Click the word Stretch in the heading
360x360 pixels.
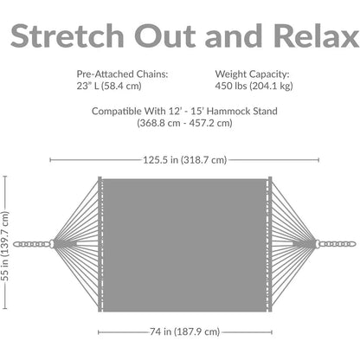[67, 35]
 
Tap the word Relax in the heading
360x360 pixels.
[316, 35]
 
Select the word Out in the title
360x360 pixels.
[165, 35]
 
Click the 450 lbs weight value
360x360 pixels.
[231, 86]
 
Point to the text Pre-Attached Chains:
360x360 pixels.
[122, 74]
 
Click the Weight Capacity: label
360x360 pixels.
[252, 74]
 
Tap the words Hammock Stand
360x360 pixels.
[242, 111]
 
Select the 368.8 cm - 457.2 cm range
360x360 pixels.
[184, 123]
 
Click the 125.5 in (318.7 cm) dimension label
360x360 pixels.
[185, 160]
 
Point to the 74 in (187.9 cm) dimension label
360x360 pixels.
[185, 331]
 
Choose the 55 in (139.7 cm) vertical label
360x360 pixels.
[5, 246]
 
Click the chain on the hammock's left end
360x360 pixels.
[31, 244]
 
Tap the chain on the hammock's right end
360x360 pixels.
[338, 244]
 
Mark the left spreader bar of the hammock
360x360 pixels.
[100, 244]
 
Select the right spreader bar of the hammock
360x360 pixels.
[270, 244]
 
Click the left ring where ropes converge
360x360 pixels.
[52, 244]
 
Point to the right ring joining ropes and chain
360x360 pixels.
[318, 244]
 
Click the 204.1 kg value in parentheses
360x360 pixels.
[271, 86]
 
